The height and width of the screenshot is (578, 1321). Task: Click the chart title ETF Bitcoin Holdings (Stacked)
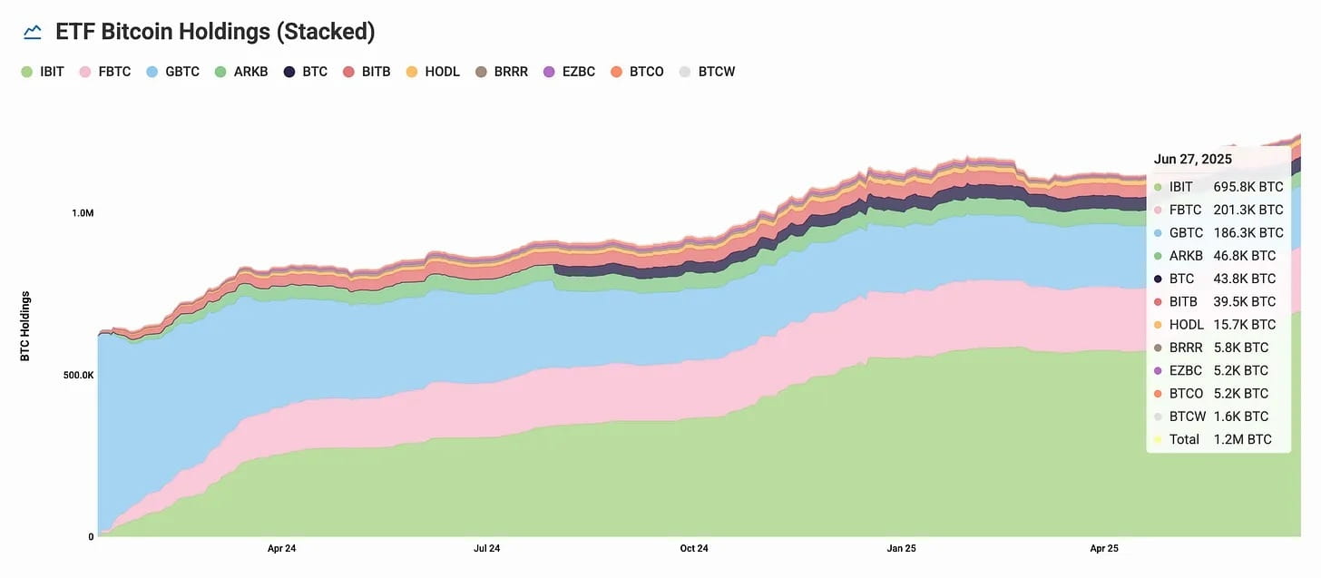click(215, 32)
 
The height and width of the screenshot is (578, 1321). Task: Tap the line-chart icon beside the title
click(33, 33)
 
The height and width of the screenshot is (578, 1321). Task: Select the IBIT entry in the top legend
click(43, 71)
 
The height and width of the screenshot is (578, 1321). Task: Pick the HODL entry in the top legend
click(434, 71)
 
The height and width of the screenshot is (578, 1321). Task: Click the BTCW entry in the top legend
click(707, 71)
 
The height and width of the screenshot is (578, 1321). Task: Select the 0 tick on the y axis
click(91, 536)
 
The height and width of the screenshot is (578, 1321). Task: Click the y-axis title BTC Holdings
click(25, 326)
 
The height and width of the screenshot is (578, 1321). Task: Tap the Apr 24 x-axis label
click(281, 549)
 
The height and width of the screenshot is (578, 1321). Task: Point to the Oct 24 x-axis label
click(693, 549)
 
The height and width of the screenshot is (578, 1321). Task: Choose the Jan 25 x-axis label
click(901, 549)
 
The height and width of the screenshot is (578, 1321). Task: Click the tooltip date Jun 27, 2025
click(1192, 159)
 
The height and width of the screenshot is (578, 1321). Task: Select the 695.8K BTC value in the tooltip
click(1248, 187)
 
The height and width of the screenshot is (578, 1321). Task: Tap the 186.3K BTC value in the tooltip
click(1248, 233)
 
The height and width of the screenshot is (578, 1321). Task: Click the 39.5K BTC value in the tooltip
click(1245, 301)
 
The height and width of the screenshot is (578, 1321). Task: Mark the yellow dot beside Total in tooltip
click(1157, 440)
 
